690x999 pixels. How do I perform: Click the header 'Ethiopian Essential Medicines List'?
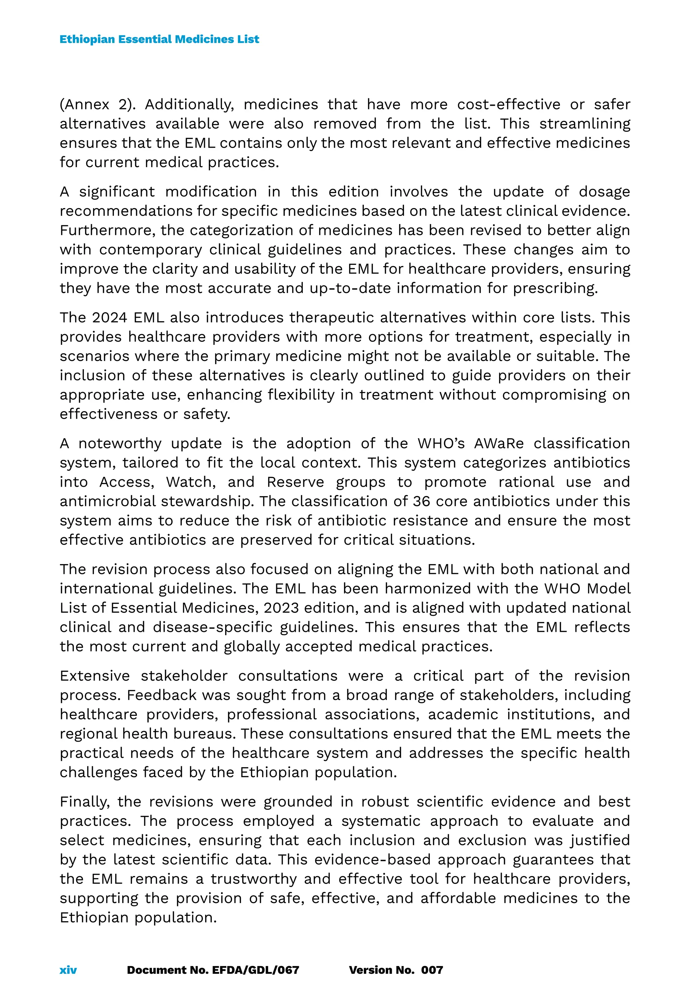coord(159,39)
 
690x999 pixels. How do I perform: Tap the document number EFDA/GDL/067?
coord(255,970)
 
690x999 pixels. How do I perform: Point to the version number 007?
coord(432,970)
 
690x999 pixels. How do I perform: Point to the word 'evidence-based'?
coord(372,860)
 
